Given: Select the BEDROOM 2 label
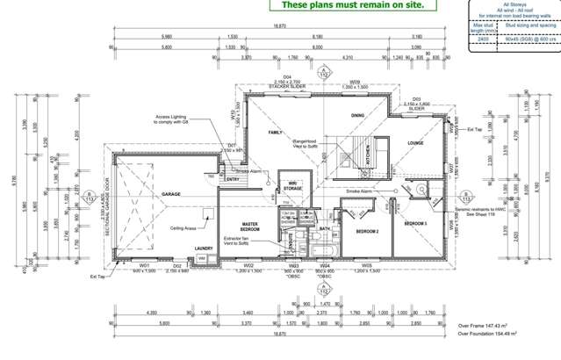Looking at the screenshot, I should pos(366,231).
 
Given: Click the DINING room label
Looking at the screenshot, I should pos(358,115).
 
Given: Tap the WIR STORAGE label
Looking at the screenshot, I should pos(293,186).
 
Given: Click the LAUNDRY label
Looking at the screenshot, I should pos(205,248).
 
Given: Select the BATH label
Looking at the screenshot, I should pos(324,229).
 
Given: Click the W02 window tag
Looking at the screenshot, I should pos(248,264).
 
